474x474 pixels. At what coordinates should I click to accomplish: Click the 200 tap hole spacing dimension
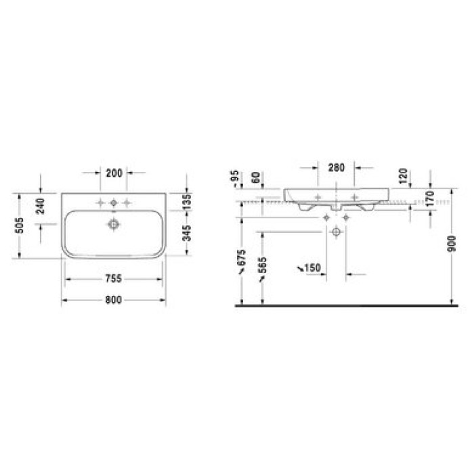click(114, 173)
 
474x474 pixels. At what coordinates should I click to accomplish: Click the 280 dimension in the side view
click(336, 167)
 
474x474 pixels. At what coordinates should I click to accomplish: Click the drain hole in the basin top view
click(114, 222)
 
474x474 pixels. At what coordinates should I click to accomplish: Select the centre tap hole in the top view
click(114, 202)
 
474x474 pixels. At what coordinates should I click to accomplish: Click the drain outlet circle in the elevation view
click(336, 231)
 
